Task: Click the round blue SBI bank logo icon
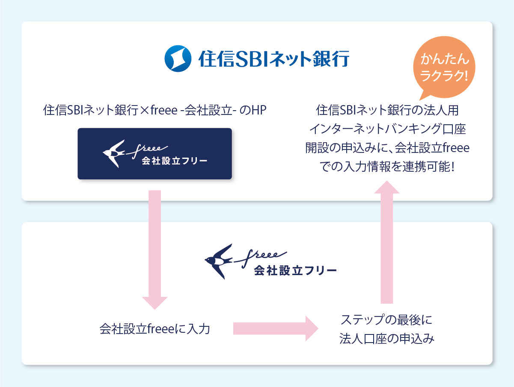point(178,58)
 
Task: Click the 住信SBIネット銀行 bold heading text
point(274,59)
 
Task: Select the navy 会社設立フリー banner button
point(154,154)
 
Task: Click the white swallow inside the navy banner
point(114,152)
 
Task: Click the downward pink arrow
point(154,248)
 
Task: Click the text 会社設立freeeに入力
point(154,329)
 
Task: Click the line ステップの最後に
point(386,320)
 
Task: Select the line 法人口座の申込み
point(386,339)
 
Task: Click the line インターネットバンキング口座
point(387,129)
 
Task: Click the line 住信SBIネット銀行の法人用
point(387,110)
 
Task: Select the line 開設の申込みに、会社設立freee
point(387,148)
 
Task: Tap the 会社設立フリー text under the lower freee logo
point(295,270)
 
